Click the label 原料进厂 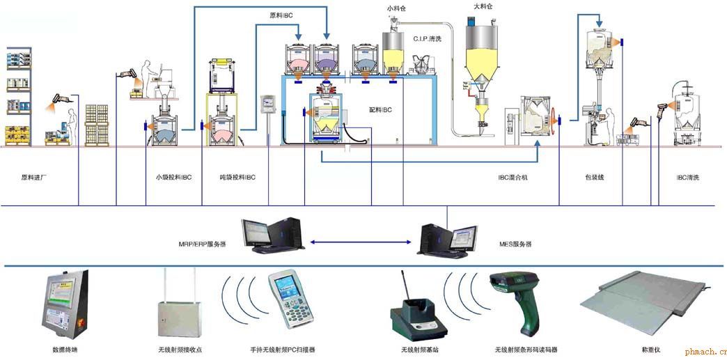34,178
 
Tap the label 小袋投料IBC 173,178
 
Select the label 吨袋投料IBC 237,178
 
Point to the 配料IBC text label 380,110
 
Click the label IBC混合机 513,178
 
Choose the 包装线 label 594,178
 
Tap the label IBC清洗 687,178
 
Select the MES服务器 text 515,244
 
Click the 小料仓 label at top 398,9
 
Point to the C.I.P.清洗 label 428,39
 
